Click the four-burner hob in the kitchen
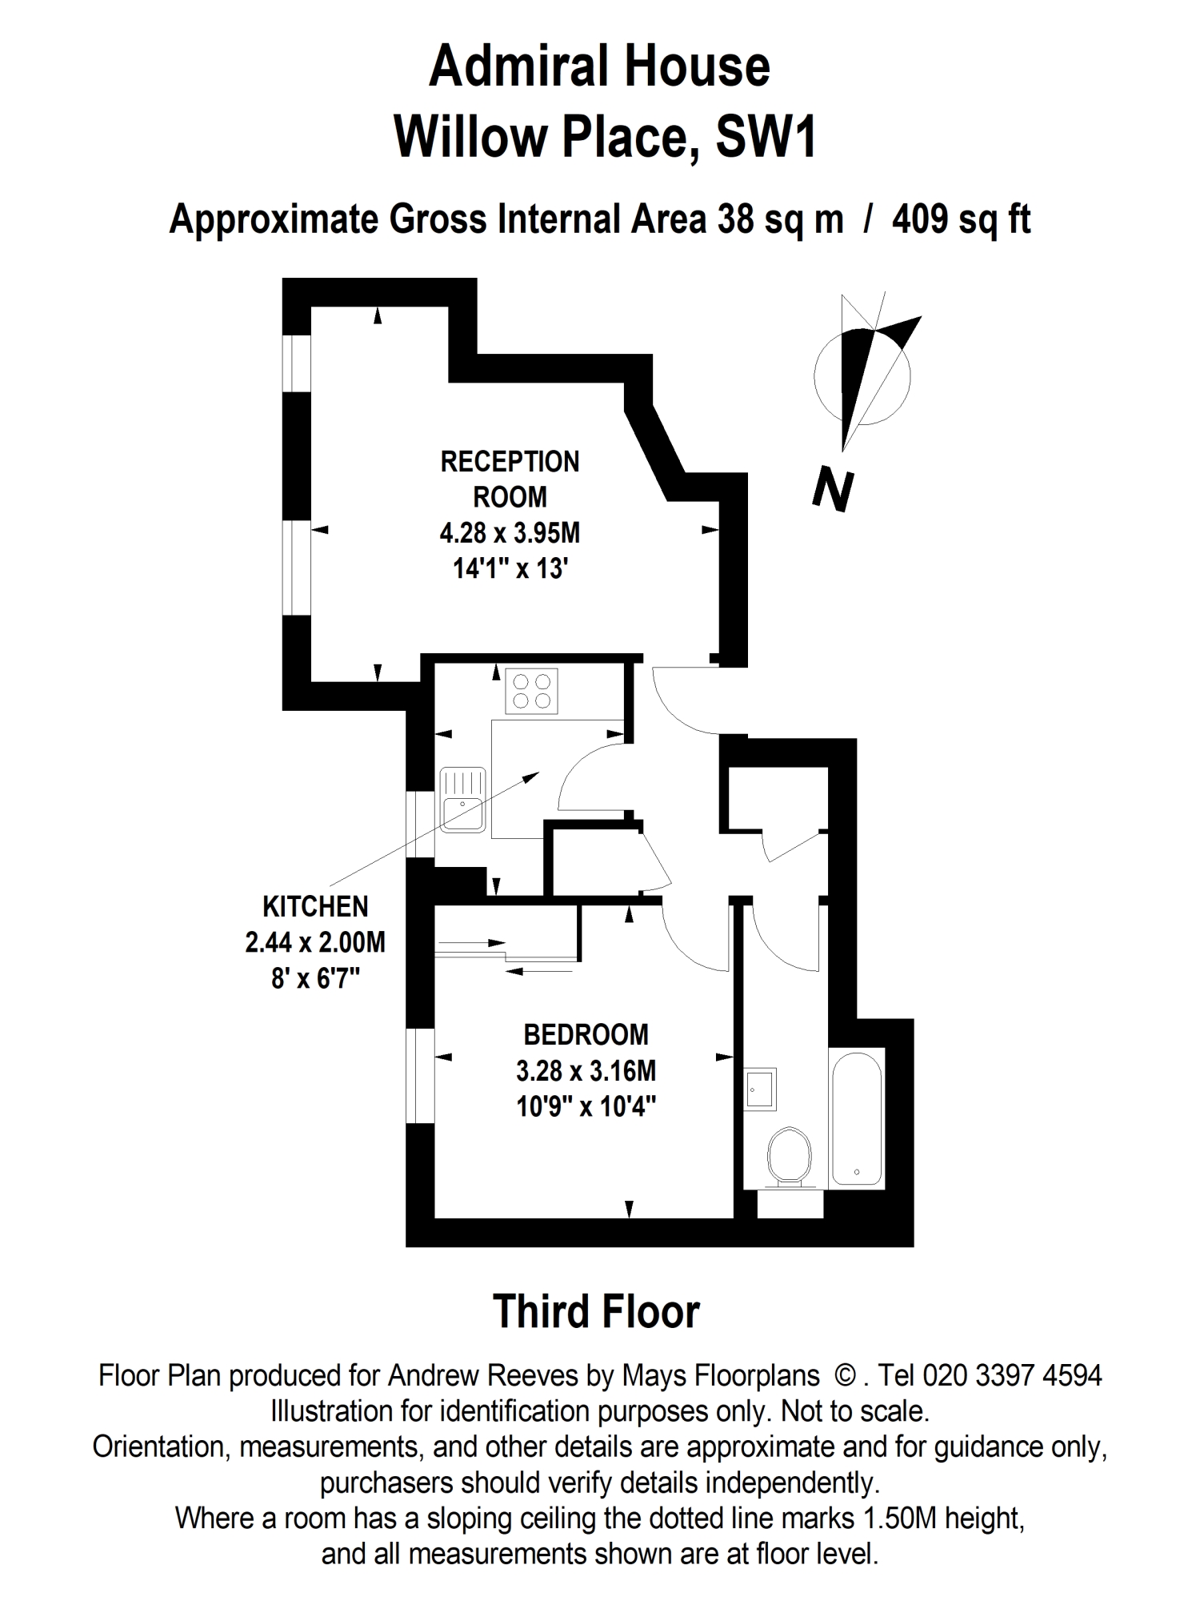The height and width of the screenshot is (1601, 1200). pos(532,691)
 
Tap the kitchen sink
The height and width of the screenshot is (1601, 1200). pos(462,800)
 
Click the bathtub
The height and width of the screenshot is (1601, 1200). pos(857,1117)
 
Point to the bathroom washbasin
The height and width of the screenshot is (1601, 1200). pos(760,1089)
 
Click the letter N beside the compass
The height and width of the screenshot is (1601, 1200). pos(833,490)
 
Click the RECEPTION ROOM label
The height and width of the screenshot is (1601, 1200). pos(510,479)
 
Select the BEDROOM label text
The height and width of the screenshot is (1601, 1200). pos(586,1034)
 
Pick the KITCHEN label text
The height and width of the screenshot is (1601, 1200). pos(315,906)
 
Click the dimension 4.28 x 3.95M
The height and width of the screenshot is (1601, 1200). pos(510,532)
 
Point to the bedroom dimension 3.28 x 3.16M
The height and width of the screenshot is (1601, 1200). pos(586,1070)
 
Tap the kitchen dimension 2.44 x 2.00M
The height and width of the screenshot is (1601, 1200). pos(315,942)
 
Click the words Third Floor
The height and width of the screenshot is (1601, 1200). pos(597,1311)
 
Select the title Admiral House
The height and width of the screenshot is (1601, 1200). pos(599,66)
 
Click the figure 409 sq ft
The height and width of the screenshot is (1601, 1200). pos(961,219)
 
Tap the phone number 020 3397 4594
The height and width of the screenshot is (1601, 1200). pos(1013,1375)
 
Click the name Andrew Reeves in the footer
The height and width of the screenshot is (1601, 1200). pos(483,1375)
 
